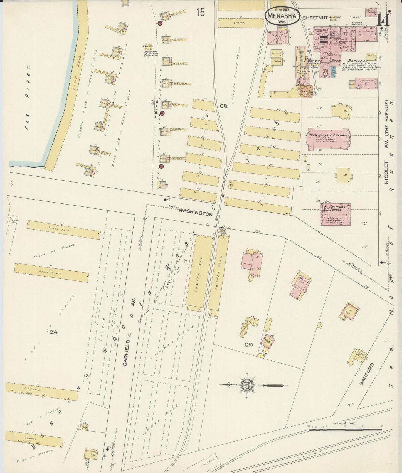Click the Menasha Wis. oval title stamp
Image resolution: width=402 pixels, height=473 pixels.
coord(282,16)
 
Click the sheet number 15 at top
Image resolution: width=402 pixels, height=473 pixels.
coord(200,13)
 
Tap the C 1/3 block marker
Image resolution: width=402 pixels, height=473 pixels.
coord(248,345)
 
